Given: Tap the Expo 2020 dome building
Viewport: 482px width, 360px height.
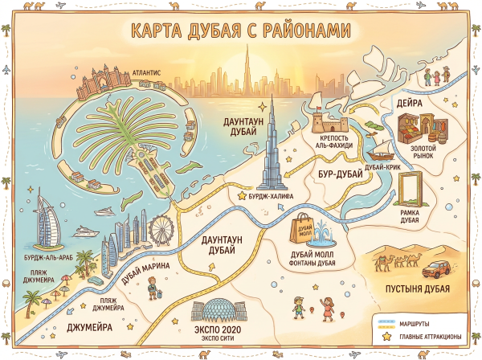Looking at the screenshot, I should click(219, 312).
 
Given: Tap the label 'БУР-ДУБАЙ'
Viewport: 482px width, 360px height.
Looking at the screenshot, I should click(335, 173).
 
